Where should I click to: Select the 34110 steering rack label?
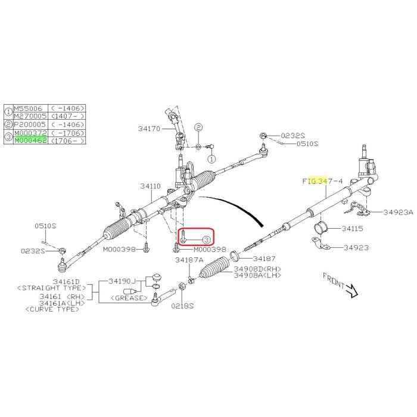coord(150,186)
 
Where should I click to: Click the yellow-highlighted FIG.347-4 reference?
coord(322,179)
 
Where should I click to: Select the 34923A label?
coord(398,211)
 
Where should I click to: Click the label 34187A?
coord(189,260)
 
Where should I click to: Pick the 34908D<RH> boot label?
coord(257,269)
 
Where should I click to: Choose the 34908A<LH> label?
coord(257,275)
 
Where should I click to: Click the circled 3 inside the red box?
coord(206,239)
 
